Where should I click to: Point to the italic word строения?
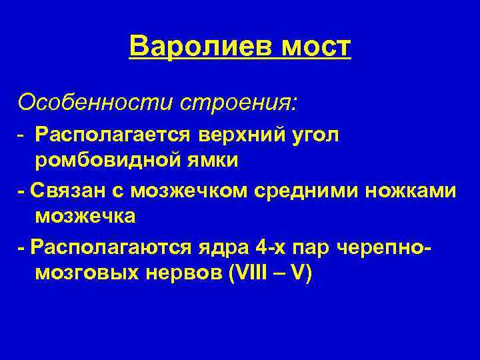237,102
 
